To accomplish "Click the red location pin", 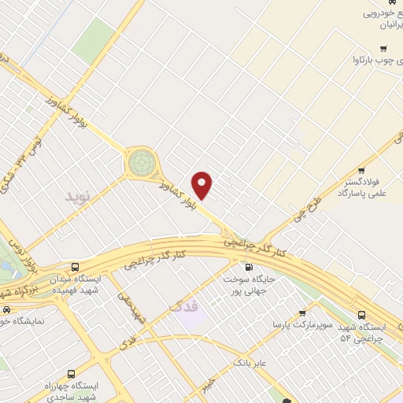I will pos(203,185).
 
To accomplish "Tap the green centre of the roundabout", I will pos(142,163).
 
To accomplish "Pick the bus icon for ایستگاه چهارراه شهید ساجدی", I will pos(72,374).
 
